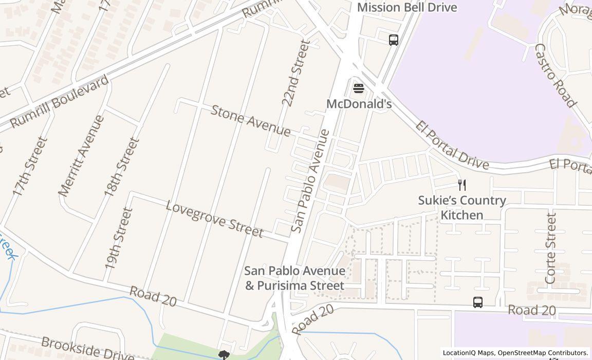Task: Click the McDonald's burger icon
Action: pos(358,88)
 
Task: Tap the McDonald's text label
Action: pos(359,104)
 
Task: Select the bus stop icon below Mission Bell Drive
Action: pos(394,40)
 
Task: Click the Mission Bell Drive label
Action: pos(406,7)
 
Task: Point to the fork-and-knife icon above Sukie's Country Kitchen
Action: pos(462,185)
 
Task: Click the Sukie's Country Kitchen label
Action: pos(462,207)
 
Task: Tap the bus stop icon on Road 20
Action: pos(478,302)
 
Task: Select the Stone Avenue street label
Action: pos(250,121)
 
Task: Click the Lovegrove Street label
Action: pos(214,220)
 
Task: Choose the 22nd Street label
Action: pos(296,74)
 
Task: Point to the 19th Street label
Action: pos(119,238)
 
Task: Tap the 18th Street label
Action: pos(122,167)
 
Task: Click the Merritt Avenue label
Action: pos(81,156)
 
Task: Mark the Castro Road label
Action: pos(555,75)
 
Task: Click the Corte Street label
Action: pos(550,248)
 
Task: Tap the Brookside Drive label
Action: pos(87,349)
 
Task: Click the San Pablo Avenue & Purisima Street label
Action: pos(294,278)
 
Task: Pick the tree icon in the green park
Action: pos(224,355)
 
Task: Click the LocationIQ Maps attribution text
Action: pos(468,353)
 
